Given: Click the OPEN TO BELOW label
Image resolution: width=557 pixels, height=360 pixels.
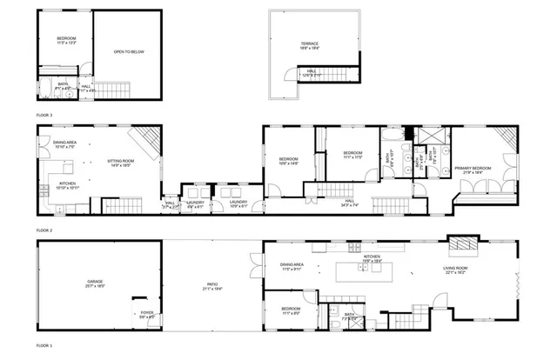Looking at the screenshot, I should point(128,52).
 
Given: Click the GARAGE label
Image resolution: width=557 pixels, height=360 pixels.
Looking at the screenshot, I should point(95,283).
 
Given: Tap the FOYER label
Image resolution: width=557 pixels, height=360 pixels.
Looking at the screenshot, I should point(147,316).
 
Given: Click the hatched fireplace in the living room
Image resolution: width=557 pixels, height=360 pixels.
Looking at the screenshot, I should point(462,243).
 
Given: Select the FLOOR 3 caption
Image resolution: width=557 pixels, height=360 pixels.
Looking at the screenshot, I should point(44,115).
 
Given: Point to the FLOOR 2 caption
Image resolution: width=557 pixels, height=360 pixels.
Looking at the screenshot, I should point(44,230).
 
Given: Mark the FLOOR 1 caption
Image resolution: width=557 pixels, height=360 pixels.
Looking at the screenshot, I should point(44,346).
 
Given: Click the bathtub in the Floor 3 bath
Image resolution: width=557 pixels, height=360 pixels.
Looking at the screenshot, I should point(45,87).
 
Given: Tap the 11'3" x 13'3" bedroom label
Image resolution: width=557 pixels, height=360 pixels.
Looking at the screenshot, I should point(67,40).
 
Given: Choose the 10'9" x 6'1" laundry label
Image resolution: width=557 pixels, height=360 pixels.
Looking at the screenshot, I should point(238,205).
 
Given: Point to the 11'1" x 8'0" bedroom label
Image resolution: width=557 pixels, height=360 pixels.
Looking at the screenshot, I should point(290,311).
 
